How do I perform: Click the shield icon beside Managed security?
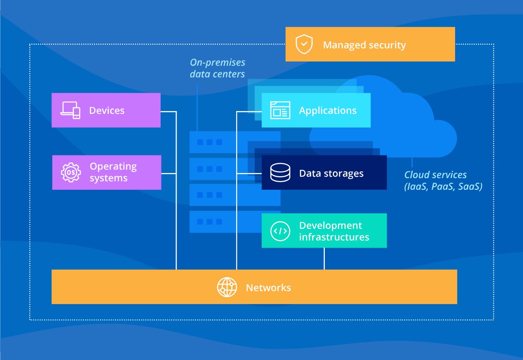pyautogui.click(x=304, y=44)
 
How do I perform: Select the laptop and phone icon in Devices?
pyautogui.click(x=70, y=110)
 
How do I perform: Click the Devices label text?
pyautogui.click(x=107, y=111)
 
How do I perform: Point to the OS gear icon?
pyautogui.click(x=71, y=173)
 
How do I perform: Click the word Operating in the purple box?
pyautogui.click(x=113, y=167)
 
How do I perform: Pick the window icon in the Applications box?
pyautogui.click(x=280, y=110)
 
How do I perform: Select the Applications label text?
pyautogui.click(x=328, y=111)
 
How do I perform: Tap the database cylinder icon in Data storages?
pyautogui.click(x=280, y=173)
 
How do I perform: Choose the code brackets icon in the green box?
pyautogui.click(x=280, y=231)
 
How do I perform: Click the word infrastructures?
pyautogui.click(x=334, y=237)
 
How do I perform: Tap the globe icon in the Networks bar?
pyautogui.click(x=227, y=287)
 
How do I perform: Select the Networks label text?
pyautogui.click(x=268, y=288)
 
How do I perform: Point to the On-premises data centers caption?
pyautogui.click(x=217, y=68)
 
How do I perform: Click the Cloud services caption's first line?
pyautogui.click(x=436, y=175)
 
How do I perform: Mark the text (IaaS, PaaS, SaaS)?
pyautogui.click(x=443, y=186)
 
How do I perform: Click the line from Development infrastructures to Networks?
pyautogui.click(x=324, y=259)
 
